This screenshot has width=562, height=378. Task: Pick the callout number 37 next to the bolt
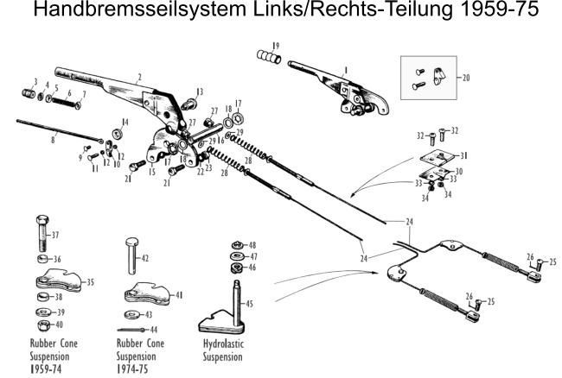[54, 235]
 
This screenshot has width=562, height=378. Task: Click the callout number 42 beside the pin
[144, 257]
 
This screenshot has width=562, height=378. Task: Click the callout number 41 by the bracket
[179, 294]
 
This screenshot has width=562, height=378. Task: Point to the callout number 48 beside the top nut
[252, 245]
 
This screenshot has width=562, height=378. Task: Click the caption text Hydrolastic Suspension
[222, 350]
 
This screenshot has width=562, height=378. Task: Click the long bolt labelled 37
[43, 230]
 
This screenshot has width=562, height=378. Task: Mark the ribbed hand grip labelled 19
[268, 57]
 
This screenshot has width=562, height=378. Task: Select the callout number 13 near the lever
[200, 91]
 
